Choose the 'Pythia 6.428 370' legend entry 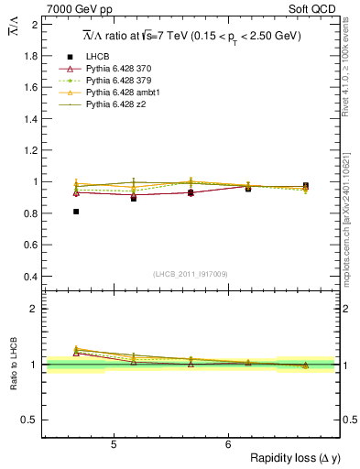[x=121, y=69]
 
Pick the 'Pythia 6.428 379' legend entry [x=121, y=82]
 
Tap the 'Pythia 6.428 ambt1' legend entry [x=125, y=93]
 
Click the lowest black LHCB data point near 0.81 [x=76, y=212]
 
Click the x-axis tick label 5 [x=113, y=445]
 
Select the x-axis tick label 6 [x=228, y=445]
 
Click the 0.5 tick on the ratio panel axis [x=32, y=420]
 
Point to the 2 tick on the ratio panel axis [x=36, y=309]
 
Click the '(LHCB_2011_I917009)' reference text [x=191, y=273]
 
